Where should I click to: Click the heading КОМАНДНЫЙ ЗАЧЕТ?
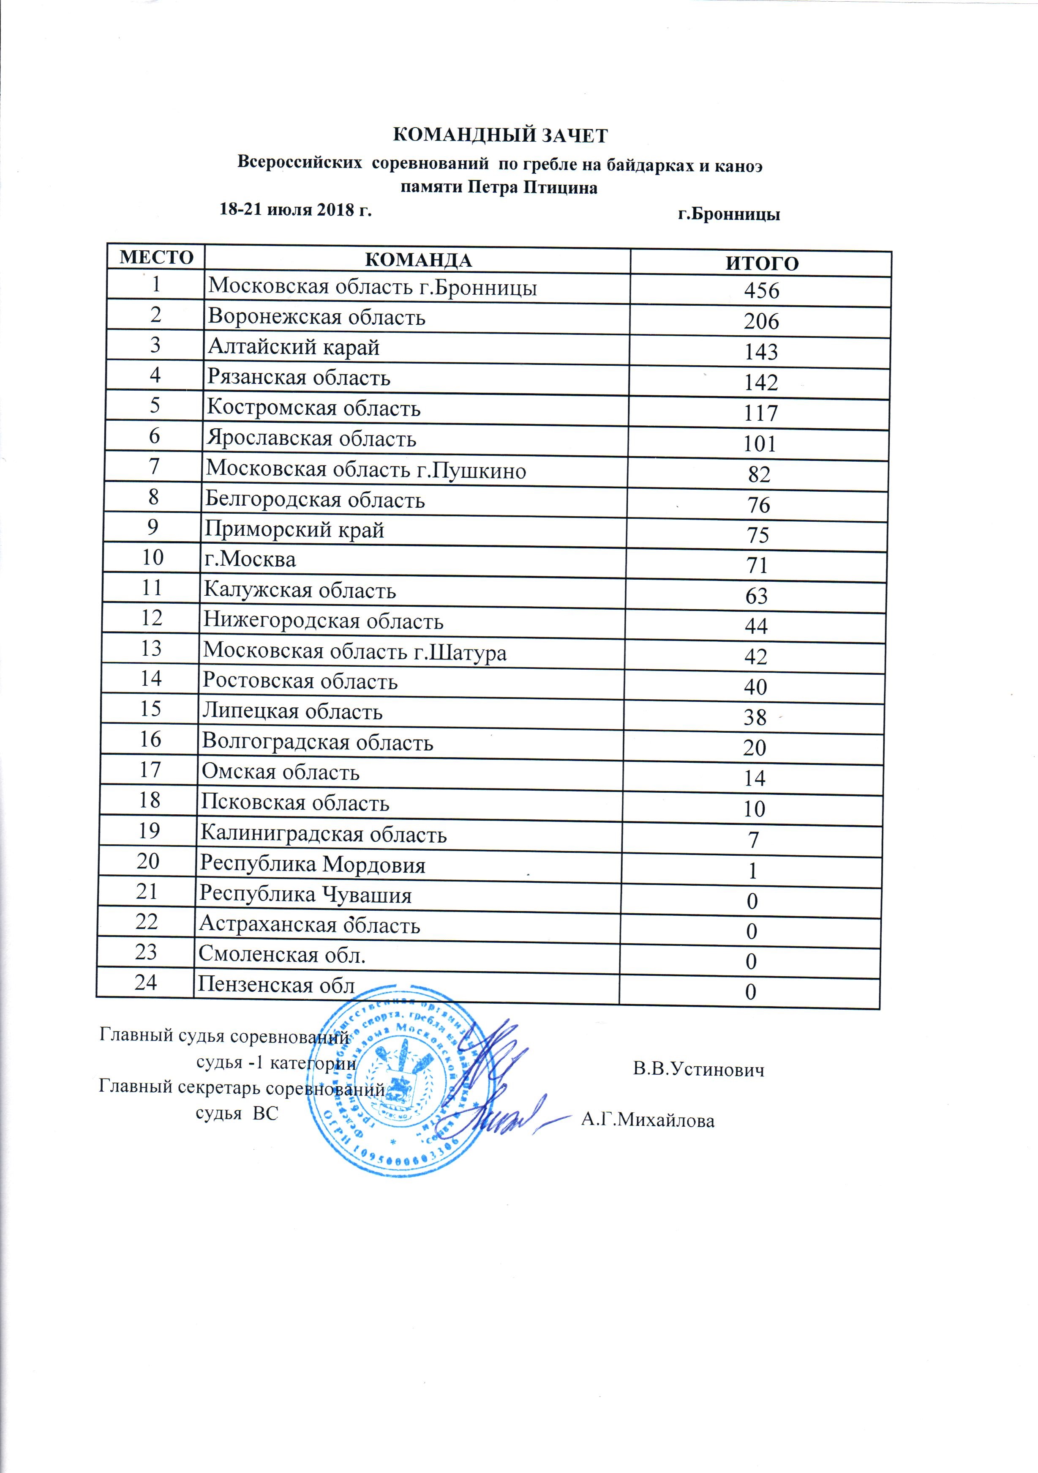(499, 136)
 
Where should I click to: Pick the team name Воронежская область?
(317, 318)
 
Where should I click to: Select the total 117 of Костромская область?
(761, 413)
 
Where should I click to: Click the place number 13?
(151, 649)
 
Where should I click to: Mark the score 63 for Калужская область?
(757, 596)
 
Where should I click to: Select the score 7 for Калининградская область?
(754, 840)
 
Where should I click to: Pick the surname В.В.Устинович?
(699, 1070)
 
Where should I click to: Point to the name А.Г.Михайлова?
(648, 1121)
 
